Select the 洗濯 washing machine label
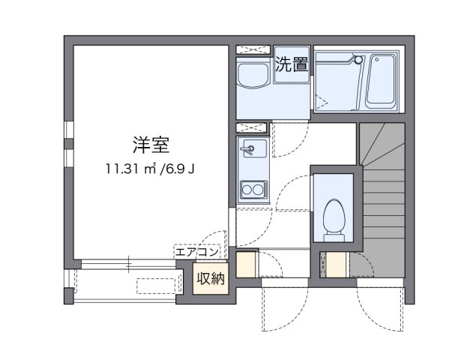[292, 65]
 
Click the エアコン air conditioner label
[197, 253]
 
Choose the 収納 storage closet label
[211, 279]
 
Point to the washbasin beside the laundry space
[252, 77]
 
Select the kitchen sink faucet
[251, 149]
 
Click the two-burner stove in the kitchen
[252, 188]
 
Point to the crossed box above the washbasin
[253, 50]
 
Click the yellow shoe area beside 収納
[246, 265]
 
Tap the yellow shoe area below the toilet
[337, 265]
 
